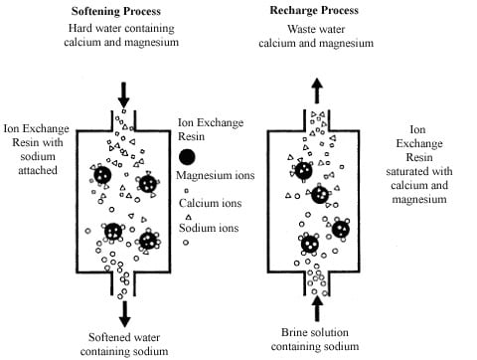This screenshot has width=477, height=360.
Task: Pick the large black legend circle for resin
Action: click(x=187, y=156)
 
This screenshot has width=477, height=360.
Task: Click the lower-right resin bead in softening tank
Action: click(x=149, y=239)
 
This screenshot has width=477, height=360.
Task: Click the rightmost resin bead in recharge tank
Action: click(x=341, y=230)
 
